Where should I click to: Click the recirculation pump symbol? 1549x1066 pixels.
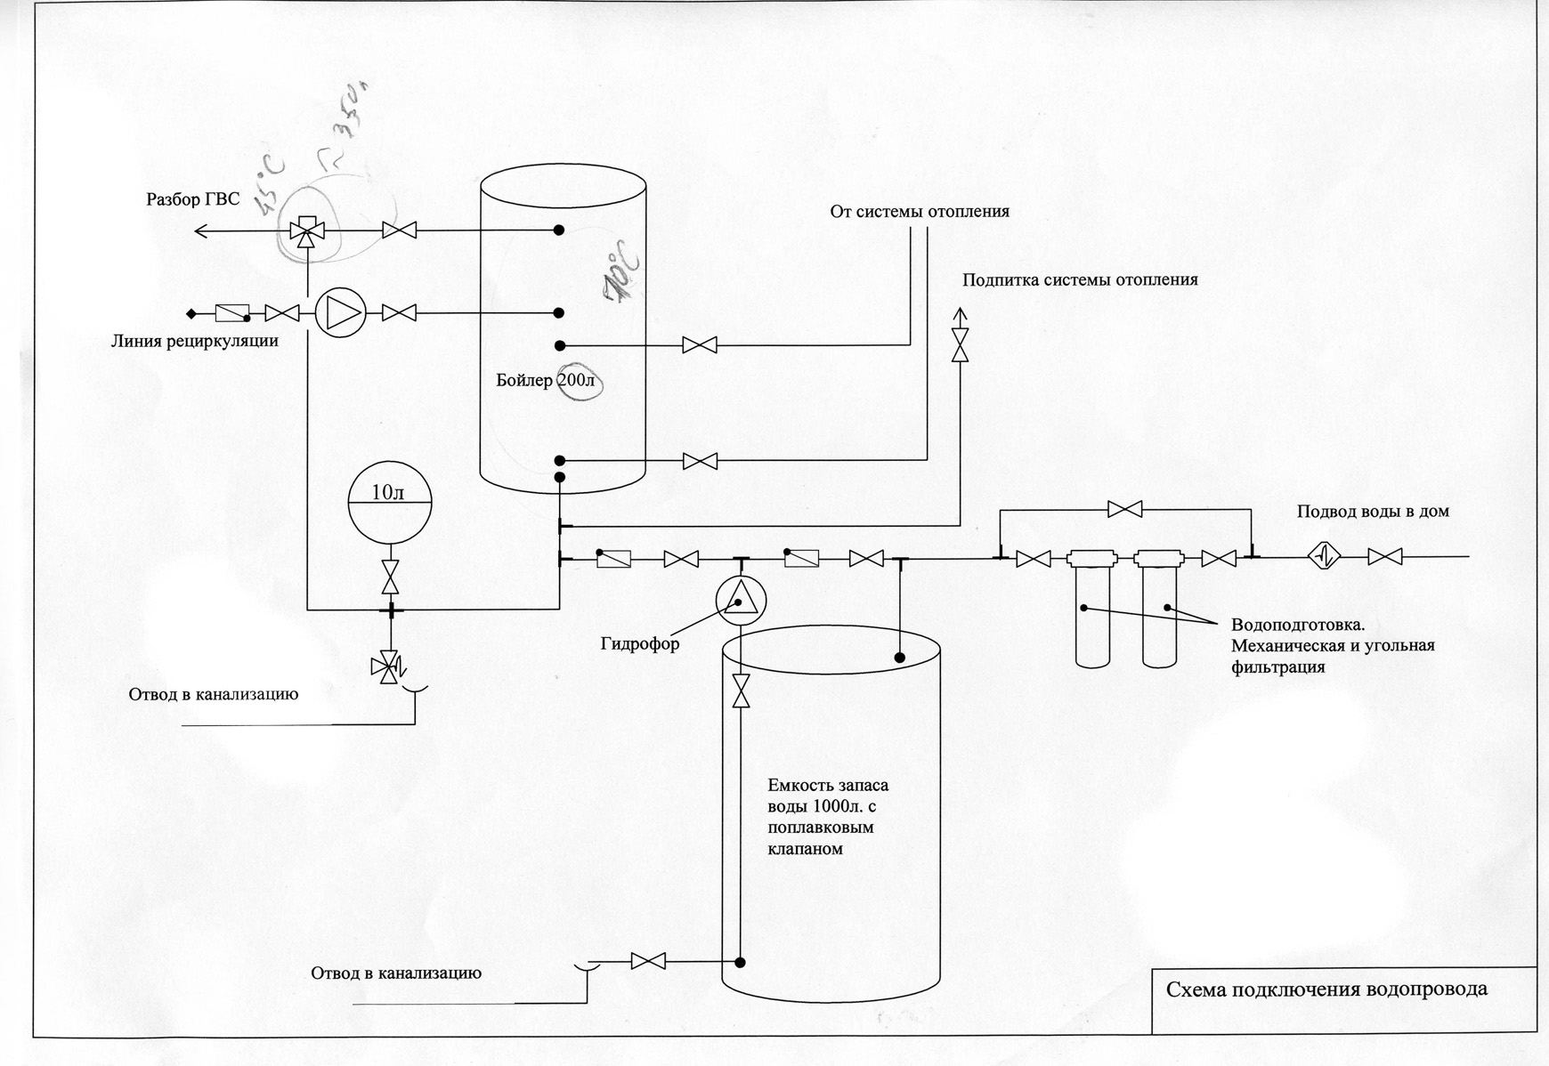click(340, 313)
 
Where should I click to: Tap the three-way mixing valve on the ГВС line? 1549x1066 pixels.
click(306, 231)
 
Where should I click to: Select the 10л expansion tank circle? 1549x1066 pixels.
click(388, 502)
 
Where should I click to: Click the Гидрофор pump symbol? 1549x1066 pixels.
click(741, 601)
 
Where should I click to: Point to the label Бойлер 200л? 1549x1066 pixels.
click(548, 382)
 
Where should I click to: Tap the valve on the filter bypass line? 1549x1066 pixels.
click(1125, 509)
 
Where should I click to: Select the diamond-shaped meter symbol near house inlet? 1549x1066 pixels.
click(1324, 556)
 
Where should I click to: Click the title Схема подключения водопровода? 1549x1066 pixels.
click(1326, 989)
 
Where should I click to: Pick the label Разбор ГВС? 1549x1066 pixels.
click(192, 199)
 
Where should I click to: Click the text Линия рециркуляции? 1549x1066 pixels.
click(194, 341)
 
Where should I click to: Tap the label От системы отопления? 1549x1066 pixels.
click(920, 212)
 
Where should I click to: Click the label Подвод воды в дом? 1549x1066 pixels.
click(1372, 512)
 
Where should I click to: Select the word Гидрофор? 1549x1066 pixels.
click(639, 644)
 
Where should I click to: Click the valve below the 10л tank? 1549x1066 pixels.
click(389, 577)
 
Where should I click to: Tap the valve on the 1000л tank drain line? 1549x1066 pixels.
click(647, 961)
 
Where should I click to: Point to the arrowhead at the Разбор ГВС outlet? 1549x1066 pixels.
click(201, 231)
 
